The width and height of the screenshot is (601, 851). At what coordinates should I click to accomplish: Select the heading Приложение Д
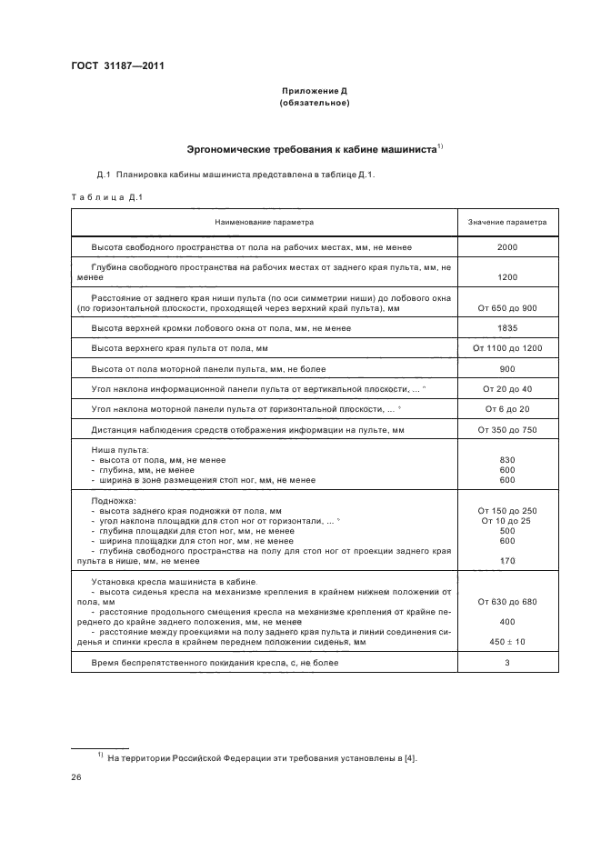(314, 92)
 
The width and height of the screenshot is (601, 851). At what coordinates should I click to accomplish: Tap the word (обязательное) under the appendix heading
(314, 104)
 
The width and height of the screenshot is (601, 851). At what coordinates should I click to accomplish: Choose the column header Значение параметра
(507, 221)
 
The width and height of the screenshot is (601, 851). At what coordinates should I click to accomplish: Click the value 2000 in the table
(507, 247)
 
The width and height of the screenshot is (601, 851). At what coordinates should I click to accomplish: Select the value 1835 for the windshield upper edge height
(507, 328)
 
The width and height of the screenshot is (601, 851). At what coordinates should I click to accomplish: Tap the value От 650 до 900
(507, 308)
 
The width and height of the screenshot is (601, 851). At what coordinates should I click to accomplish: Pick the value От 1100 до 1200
(507, 348)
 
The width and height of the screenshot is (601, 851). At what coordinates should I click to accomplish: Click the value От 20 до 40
(507, 389)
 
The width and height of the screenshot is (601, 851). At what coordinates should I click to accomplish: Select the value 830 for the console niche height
(507, 460)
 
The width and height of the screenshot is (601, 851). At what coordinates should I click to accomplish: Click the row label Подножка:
(114, 501)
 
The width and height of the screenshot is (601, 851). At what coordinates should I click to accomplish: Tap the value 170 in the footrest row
(507, 561)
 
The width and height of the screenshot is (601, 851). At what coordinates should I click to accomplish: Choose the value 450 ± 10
(507, 642)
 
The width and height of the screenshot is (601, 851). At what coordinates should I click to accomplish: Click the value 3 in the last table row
(507, 664)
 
